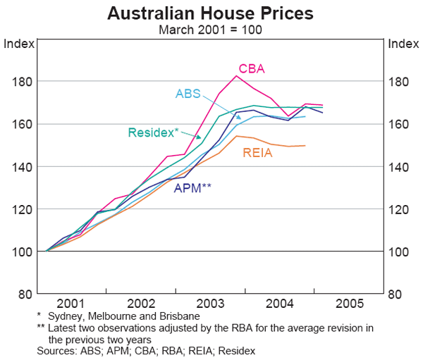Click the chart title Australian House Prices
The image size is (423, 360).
coord(211,13)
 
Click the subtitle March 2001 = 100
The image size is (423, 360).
coord(211,29)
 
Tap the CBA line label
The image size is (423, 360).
coord(251,68)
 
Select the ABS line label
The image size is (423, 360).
coord(188,94)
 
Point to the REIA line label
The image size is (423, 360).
coord(258,153)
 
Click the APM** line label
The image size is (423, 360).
coord(192,188)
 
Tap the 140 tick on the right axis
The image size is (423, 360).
coord(400,167)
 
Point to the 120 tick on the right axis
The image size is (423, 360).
coord(400,209)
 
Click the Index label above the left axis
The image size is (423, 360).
coord(19,44)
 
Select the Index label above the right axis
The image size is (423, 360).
coord(403,44)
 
